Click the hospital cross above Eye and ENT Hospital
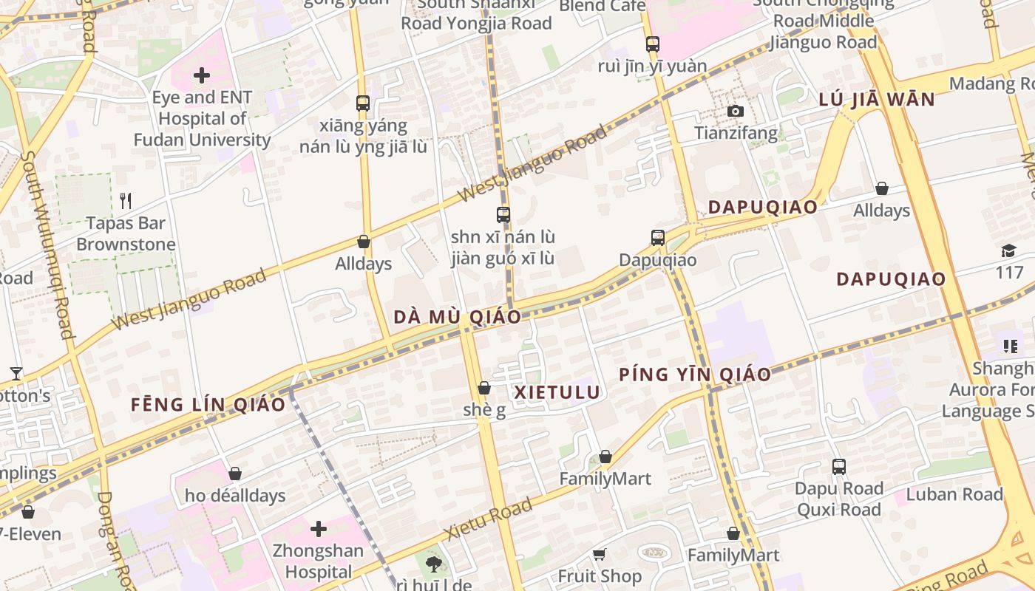click(x=201, y=75)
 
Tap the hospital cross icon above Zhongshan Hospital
click(x=319, y=529)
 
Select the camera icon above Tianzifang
click(x=735, y=112)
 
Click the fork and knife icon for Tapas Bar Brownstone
click(x=126, y=200)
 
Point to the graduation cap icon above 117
click(x=1008, y=250)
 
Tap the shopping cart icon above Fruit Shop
click(x=599, y=554)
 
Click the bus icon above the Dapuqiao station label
click(x=658, y=238)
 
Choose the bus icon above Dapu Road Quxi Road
click(x=838, y=467)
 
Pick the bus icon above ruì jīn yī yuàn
click(x=652, y=44)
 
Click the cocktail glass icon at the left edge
click(x=16, y=374)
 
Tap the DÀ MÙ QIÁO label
click(x=457, y=317)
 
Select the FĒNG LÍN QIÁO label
click(x=208, y=404)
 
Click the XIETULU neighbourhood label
click(x=557, y=392)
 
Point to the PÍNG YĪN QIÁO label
click(x=695, y=375)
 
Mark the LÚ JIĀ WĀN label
click(x=877, y=100)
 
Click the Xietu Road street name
click(x=488, y=519)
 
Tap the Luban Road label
click(x=954, y=494)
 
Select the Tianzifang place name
click(x=736, y=133)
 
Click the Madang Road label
click(x=992, y=83)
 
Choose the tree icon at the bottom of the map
click(x=433, y=565)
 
